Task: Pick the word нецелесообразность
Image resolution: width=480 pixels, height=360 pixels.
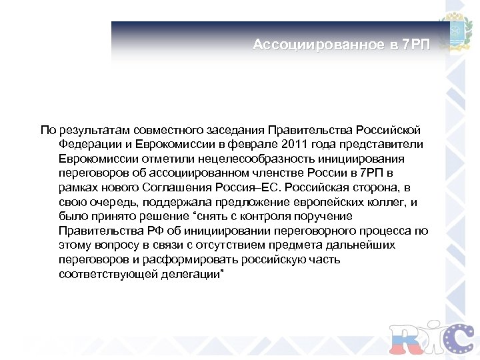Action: (259, 159)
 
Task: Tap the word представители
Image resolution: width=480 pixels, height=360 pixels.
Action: (383, 145)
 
